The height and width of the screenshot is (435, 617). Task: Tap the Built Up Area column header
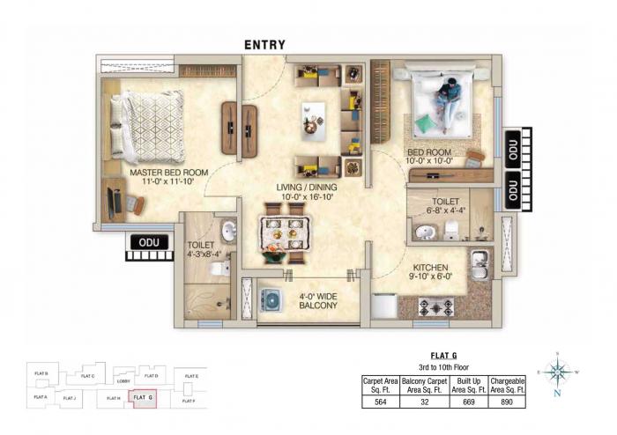click(x=466, y=385)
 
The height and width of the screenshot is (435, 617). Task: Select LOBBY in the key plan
click(x=123, y=381)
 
